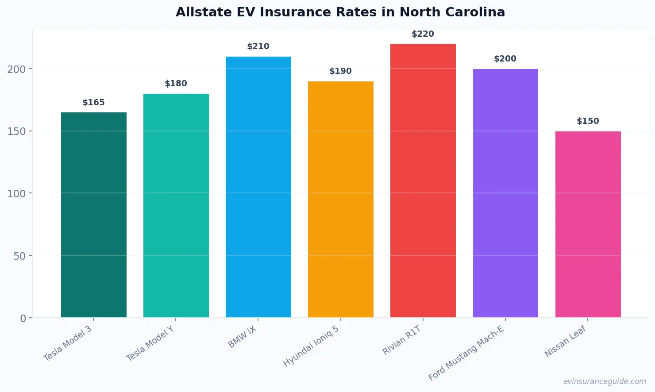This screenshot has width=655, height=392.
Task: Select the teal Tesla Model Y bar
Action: point(176,205)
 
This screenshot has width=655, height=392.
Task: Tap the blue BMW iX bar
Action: point(258,187)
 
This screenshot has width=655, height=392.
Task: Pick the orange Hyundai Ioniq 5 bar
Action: point(341,199)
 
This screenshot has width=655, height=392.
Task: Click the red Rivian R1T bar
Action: point(423,181)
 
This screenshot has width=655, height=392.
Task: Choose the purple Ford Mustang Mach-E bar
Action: point(505,193)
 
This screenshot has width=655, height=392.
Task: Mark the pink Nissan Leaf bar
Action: point(588,224)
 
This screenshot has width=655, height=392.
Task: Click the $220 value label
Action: point(423,34)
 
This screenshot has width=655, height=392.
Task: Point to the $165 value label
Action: point(93,103)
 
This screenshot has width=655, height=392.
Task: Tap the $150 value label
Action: point(588,121)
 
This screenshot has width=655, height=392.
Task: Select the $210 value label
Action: point(258,46)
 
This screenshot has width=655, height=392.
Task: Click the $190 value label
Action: point(340,71)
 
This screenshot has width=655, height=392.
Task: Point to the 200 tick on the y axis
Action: point(16,69)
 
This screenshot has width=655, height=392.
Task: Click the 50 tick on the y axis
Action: point(19,256)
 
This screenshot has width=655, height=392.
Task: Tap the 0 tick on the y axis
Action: point(23,318)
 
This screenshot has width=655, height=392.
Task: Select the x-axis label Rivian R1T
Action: point(402,340)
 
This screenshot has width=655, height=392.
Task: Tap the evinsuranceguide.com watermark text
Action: point(604,381)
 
